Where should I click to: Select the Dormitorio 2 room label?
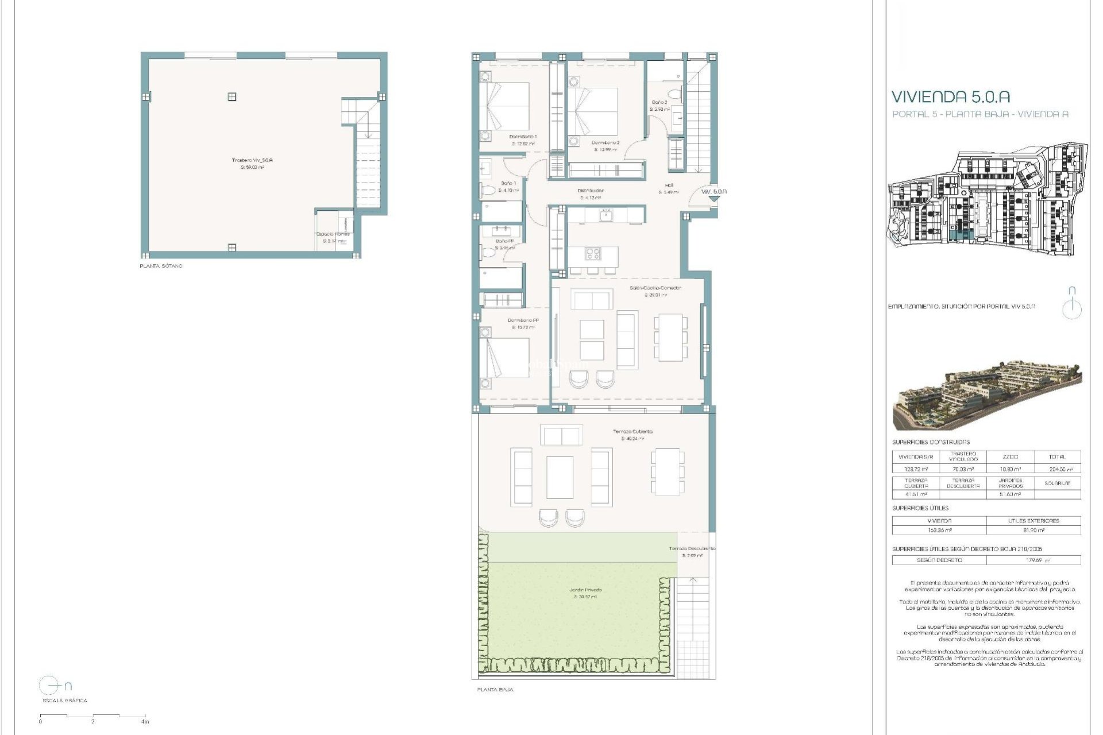coord(606,142)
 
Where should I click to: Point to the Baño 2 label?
coord(659,102)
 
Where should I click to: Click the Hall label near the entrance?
coord(669,185)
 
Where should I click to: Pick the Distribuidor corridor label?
coord(590,191)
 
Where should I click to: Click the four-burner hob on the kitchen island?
coord(593,253)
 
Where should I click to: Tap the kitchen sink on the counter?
coord(606,215)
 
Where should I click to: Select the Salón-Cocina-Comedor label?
coord(655,288)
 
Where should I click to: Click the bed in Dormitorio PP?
coord(506,357)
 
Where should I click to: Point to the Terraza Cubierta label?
coord(633,431)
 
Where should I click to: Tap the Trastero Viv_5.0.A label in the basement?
coord(252,160)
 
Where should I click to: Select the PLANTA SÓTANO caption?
coord(161,266)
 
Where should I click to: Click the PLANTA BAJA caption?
coord(495,690)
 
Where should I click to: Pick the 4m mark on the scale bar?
coord(145,722)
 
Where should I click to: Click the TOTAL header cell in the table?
coord(1056,457)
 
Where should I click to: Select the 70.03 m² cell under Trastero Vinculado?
coord(963,469)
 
